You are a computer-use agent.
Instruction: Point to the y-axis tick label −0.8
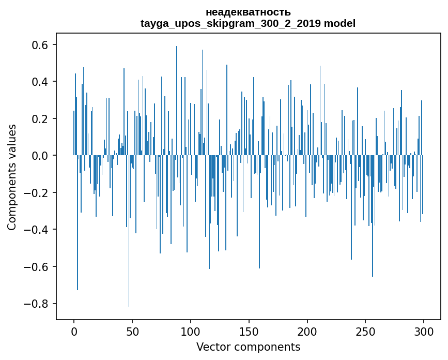37,304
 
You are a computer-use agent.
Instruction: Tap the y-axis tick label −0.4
37,230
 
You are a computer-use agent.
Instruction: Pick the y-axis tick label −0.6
37,267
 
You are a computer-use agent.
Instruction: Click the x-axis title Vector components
248,347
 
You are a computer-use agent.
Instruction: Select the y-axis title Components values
12,177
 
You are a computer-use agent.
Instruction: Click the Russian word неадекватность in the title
248,12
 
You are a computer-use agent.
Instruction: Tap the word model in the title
339,23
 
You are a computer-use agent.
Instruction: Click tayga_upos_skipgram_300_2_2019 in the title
230,23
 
